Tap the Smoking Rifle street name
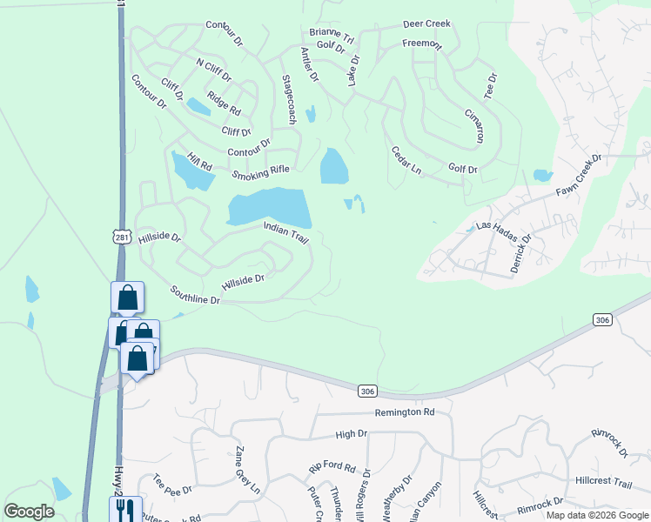[x=260, y=172]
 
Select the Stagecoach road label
[x=290, y=100]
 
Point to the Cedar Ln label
[x=406, y=160]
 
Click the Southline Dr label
[x=196, y=294]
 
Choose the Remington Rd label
[x=405, y=412]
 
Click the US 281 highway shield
[x=121, y=237]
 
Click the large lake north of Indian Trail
[x=270, y=207]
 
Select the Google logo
[x=29, y=512]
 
